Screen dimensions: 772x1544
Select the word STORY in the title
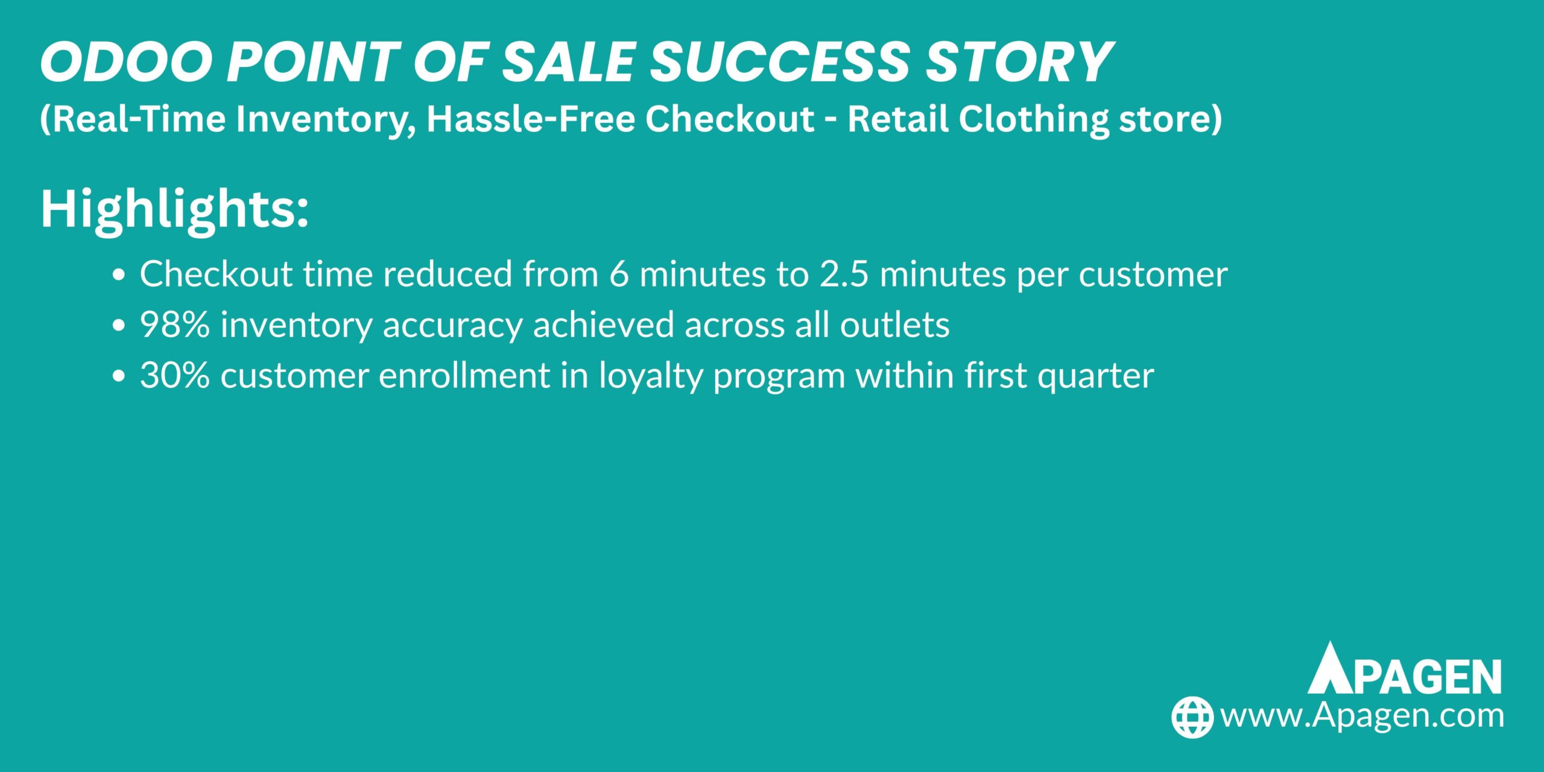pyautogui.click(x=1019, y=62)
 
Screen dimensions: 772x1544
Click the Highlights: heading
pyautogui.click(x=174, y=209)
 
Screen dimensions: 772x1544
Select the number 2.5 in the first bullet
pyautogui.click(x=844, y=274)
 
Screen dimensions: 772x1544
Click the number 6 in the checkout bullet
pyautogui.click(x=619, y=274)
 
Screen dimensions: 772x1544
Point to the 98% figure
pyautogui.click(x=175, y=325)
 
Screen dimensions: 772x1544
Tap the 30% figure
pyautogui.click(x=175, y=376)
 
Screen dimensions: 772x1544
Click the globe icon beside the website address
pyautogui.click(x=1192, y=717)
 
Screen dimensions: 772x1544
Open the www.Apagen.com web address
pyautogui.click(x=1362, y=716)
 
